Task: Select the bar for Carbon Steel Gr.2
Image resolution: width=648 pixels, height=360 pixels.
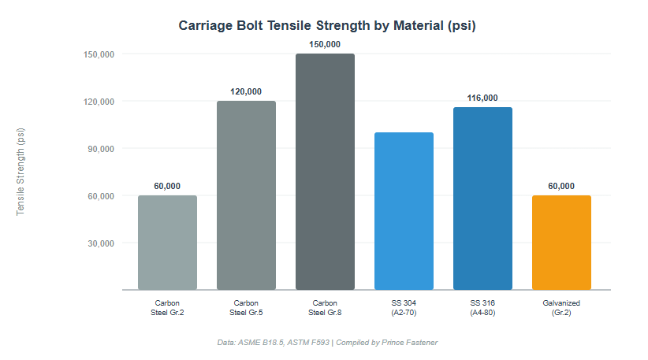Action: [167, 243]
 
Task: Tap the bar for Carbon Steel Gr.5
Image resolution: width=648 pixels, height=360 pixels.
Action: [246, 195]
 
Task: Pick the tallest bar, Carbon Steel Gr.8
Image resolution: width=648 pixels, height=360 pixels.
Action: [325, 172]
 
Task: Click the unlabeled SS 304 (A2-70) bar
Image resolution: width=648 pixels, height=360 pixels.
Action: [404, 211]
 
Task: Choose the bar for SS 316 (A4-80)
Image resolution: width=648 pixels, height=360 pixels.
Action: [482, 199]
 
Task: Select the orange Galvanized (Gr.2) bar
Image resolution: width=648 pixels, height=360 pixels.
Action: [561, 243]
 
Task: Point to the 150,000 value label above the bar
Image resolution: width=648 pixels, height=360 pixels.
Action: [325, 44]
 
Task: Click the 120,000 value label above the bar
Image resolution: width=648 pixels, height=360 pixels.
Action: [246, 91]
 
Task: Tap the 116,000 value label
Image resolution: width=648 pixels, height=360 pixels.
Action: [482, 98]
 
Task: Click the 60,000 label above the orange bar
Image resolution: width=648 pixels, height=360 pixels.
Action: [561, 186]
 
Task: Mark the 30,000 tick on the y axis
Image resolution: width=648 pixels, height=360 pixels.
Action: [99, 243]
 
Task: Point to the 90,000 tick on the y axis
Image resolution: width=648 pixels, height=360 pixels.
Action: [99, 148]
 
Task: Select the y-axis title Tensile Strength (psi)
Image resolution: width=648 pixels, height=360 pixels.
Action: [21, 172]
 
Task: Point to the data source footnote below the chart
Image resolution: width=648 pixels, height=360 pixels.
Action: [327, 342]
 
